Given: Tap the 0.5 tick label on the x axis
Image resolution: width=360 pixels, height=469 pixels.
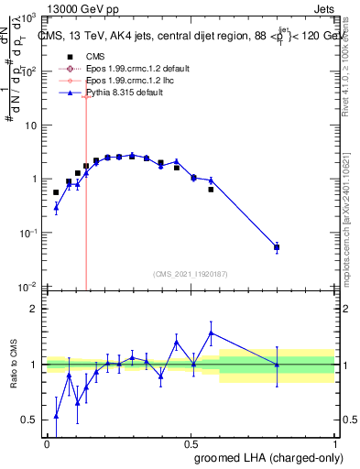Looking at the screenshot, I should (x=191, y=442).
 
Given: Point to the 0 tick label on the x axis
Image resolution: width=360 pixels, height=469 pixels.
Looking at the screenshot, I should (x=47, y=442).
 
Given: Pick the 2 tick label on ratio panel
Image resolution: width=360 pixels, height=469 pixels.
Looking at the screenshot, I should (x=33, y=309).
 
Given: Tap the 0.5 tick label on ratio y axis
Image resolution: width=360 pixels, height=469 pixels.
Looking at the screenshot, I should (x=29, y=420).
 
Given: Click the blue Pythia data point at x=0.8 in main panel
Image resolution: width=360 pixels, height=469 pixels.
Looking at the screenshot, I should (x=277, y=246).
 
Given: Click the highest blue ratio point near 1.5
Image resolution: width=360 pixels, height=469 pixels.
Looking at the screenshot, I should (x=211, y=333).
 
